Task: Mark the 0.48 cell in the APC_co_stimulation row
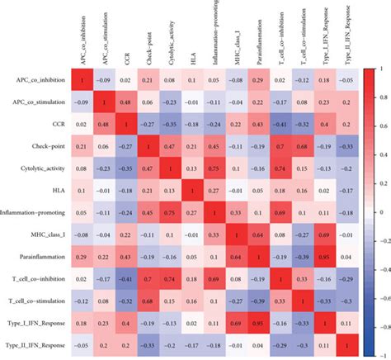125,102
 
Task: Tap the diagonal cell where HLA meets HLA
192,189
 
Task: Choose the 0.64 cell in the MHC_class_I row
259,233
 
